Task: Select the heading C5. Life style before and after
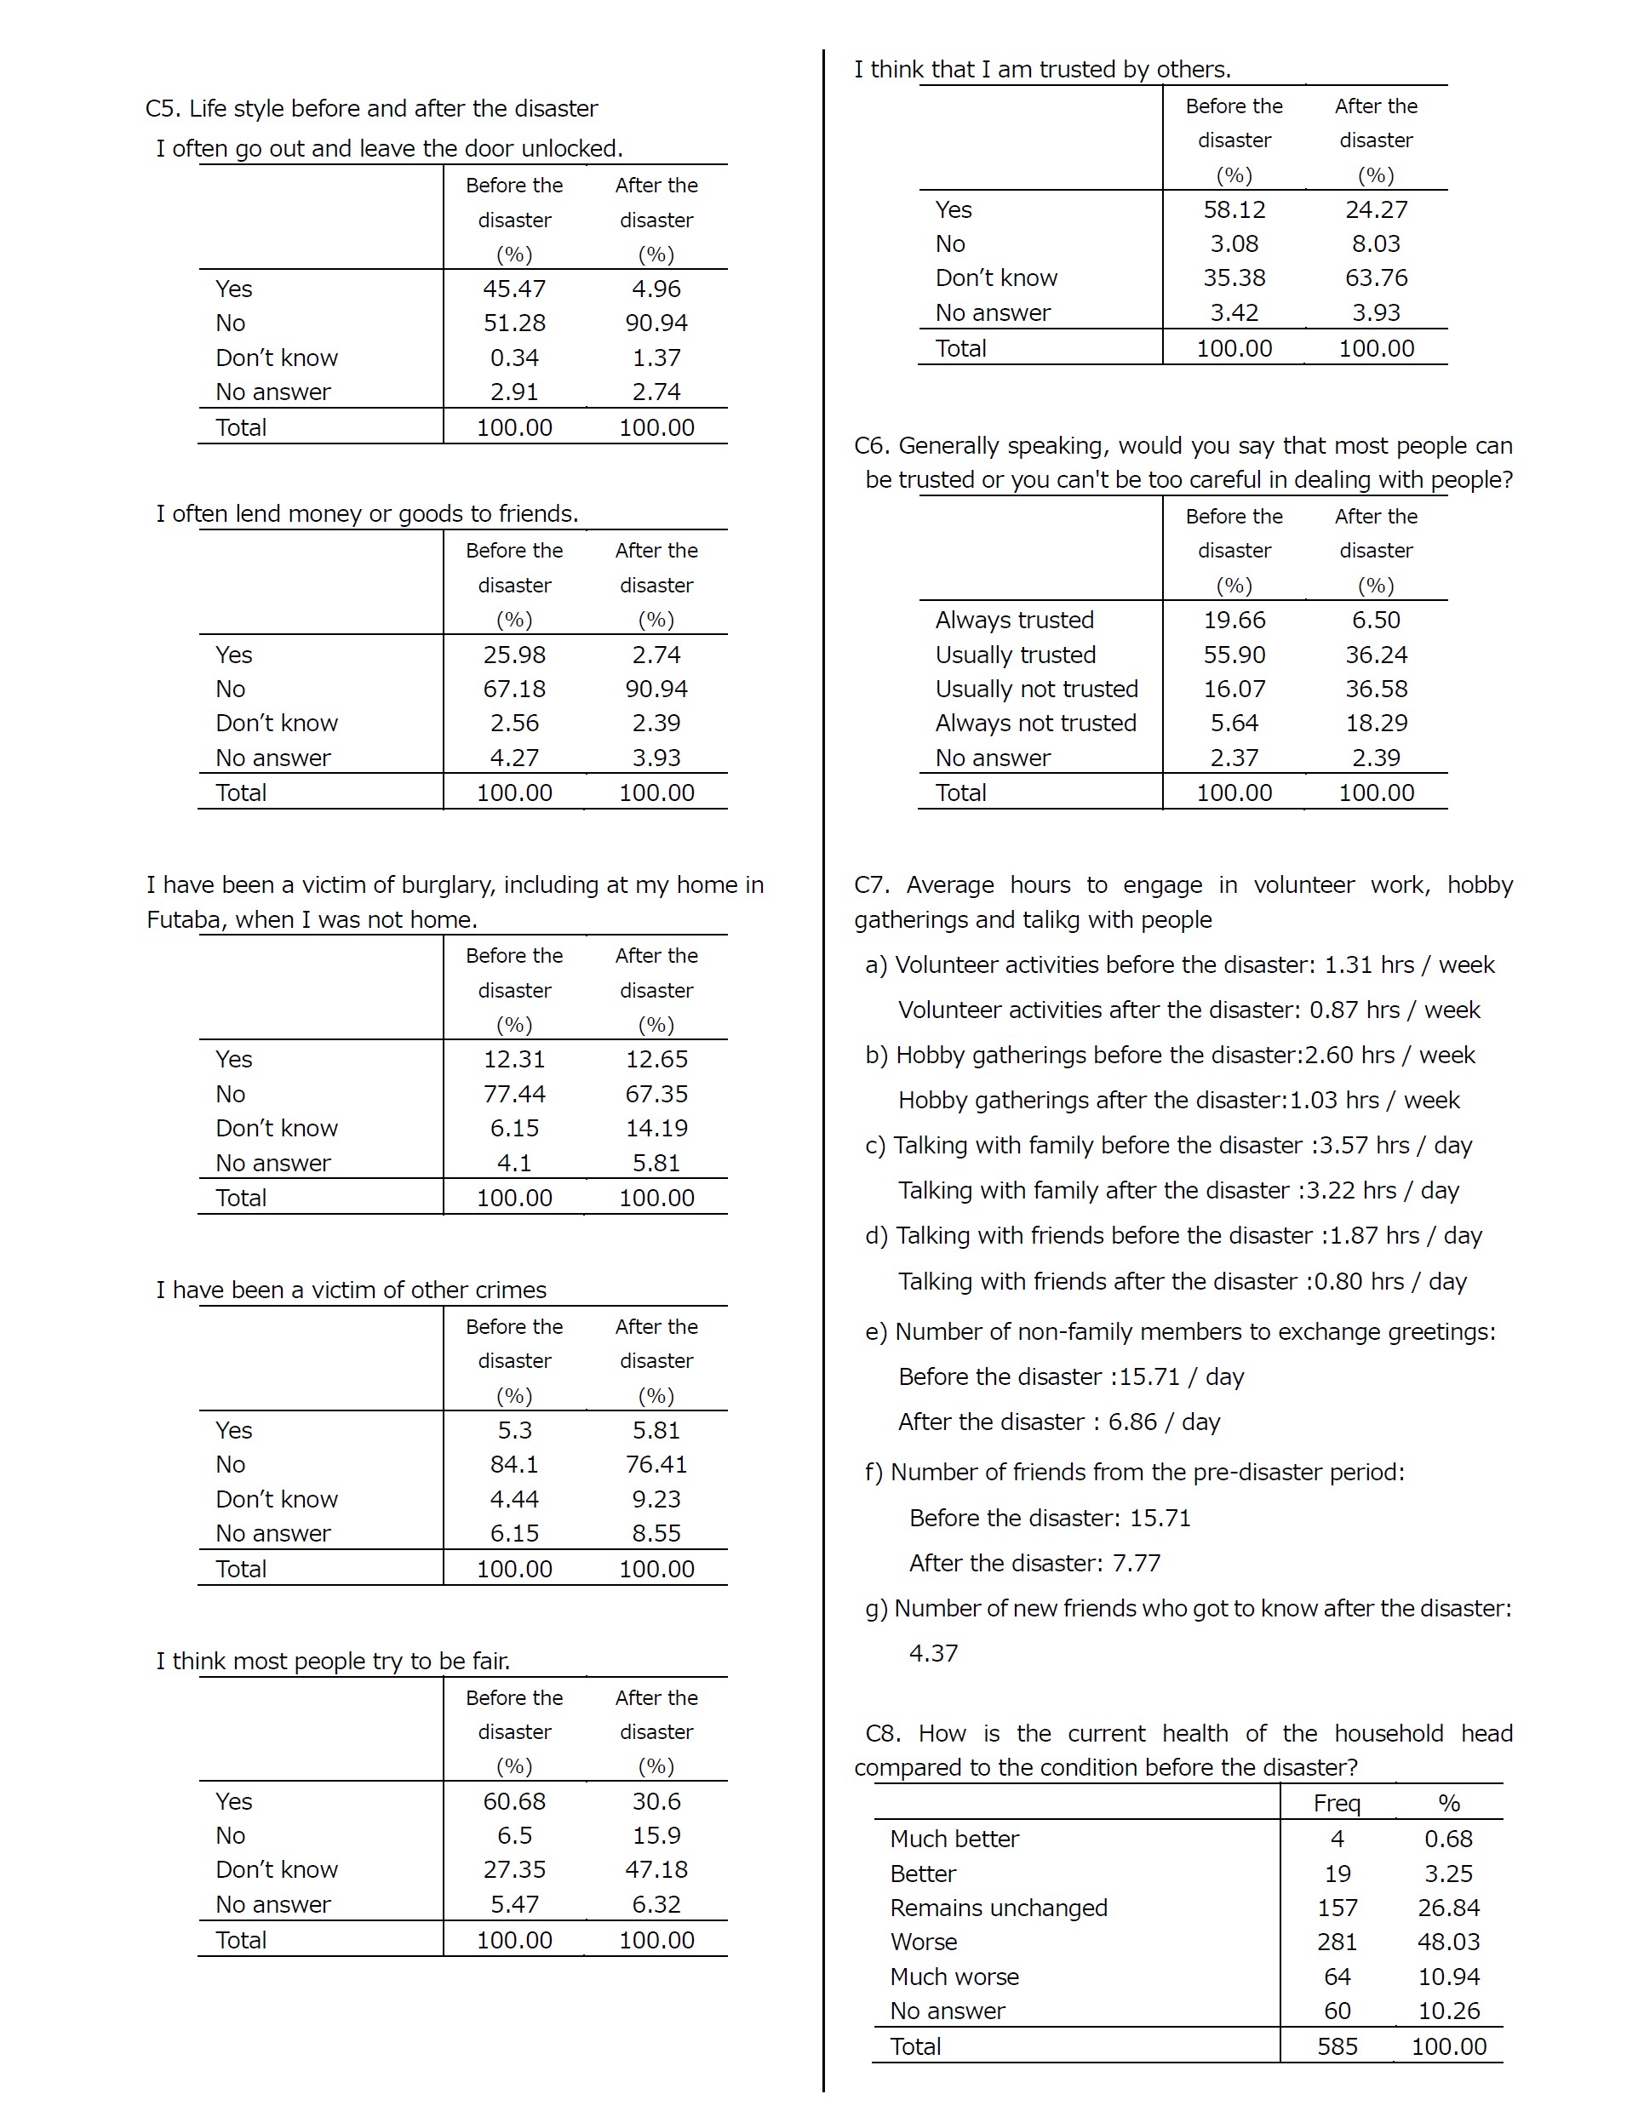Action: (371, 109)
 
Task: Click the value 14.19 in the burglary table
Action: (656, 1128)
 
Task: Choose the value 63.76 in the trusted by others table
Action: (1376, 278)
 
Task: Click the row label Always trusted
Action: (1014, 621)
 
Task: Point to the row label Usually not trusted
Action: (1036, 689)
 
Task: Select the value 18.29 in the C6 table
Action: (1376, 723)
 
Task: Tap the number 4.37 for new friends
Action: (933, 1653)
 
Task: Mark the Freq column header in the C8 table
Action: (1337, 1803)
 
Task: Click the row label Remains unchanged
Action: (999, 1908)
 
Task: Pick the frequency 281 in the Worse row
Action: (1337, 1942)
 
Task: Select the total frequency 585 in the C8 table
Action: (1337, 2046)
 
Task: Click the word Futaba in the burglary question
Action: (184, 920)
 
